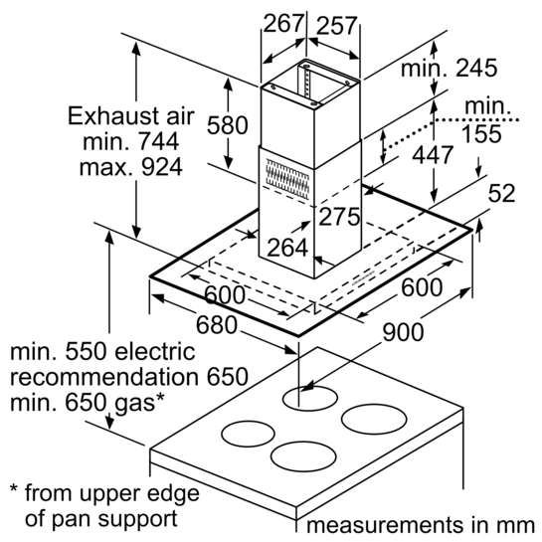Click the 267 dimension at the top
click(x=283, y=23)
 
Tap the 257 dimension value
click(x=336, y=26)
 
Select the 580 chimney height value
click(x=227, y=124)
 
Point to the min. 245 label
click(x=450, y=68)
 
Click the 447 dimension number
click(x=432, y=155)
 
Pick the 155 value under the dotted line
click(x=481, y=134)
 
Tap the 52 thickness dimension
click(x=501, y=193)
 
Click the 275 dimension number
click(x=339, y=217)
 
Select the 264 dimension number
click(x=287, y=248)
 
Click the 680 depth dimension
click(x=217, y=325)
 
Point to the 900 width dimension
click(x=403, y=332)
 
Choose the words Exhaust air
click(x=131, y=115)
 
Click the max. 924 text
click(x=131, y=167)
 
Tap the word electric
click(x=155, y=351)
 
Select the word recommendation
click(x=104, y=377)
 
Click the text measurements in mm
click(x=421, y=525)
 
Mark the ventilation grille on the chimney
click(x=287, y=179)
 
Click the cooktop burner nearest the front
click(x=303, y=456)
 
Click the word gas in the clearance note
click(x=135, y=404)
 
